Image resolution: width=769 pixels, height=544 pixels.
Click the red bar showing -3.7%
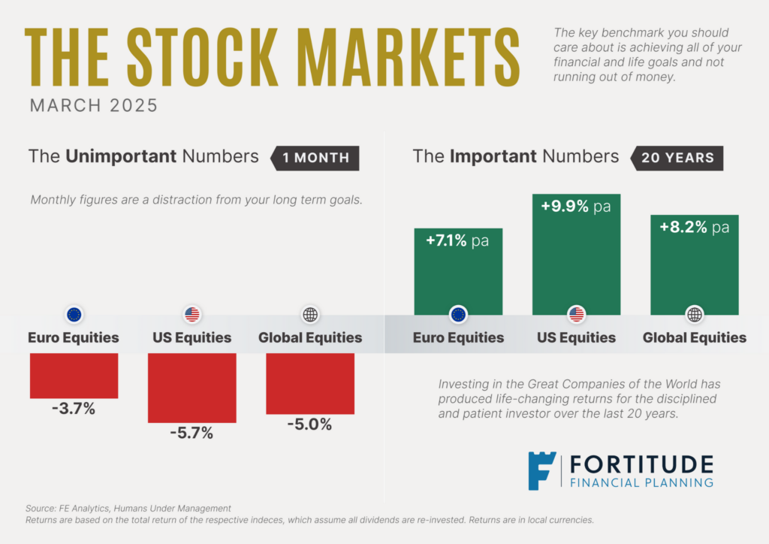point(74,375)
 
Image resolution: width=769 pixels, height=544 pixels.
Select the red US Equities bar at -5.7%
point(191,387)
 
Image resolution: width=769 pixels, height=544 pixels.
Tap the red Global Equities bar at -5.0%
point(309,383)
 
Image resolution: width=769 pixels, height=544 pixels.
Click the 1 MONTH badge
point(315,158)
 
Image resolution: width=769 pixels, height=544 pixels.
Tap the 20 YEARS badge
point(677,158)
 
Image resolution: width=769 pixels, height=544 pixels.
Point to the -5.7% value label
point(191,433)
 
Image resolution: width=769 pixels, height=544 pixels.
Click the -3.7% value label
point(73,410)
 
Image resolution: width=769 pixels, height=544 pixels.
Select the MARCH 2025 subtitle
point(94,105)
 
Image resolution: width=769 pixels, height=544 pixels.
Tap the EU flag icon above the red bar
point(74,315)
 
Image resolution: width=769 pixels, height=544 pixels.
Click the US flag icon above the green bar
point(576,315)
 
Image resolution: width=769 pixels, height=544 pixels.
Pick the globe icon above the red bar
point(309,315)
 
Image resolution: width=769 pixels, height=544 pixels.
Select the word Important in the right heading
point(493,156)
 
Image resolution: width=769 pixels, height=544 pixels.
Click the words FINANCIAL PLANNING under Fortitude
point(641,482)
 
